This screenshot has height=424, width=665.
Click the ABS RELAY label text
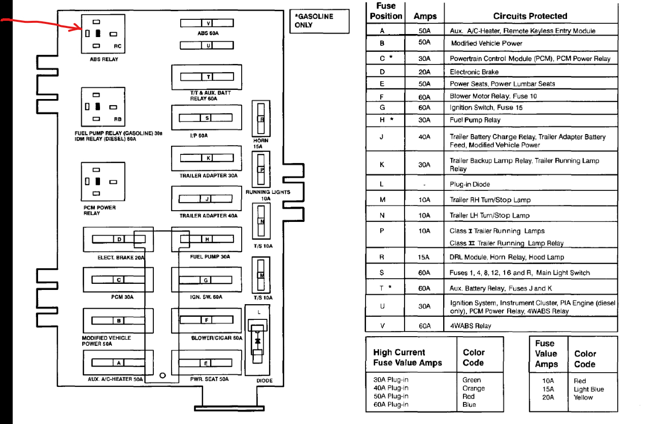(x=104, y=59)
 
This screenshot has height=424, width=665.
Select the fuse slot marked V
(x=207, y=23)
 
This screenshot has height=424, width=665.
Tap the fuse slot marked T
(x=207, y=77)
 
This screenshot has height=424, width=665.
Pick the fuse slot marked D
(x=118, y=239)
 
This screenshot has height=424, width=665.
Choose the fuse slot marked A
(x=118, y=363)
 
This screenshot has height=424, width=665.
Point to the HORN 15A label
(x=261, y=143)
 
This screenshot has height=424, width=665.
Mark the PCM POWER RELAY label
(x=99, y=210)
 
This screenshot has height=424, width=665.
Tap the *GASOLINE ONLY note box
(x=319, y=21)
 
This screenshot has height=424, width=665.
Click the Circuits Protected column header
(x=530, y=16)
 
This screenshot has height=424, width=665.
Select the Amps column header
(x=425, y=16)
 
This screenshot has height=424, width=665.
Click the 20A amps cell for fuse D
(x=424, y=72)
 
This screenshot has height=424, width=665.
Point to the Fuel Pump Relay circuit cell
(x=475, y=120)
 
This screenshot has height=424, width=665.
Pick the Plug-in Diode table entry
(x=470, y=184)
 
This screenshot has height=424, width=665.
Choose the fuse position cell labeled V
(x=382, y=326)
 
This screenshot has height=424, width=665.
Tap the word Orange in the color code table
(x=474, y=388)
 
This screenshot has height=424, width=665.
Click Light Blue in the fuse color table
(x=589, y=389)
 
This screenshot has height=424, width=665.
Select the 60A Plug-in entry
(x=390, y=405)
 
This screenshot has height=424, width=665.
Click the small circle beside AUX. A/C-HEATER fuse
(x=162, y=375)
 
